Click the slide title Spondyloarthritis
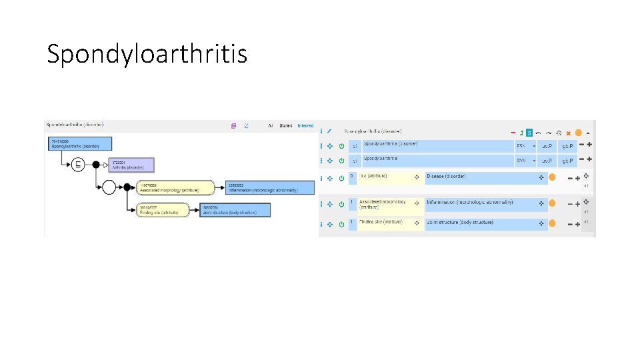147,53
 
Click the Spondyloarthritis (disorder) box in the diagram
79,143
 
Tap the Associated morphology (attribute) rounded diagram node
175,187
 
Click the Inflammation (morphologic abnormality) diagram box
270,187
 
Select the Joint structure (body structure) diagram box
235,210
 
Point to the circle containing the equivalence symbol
78,164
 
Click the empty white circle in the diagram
109,187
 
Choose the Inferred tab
305,125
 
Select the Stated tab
286,125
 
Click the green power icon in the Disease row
342,178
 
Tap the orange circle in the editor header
578,132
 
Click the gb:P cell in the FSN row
567,145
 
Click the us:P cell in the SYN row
547,161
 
